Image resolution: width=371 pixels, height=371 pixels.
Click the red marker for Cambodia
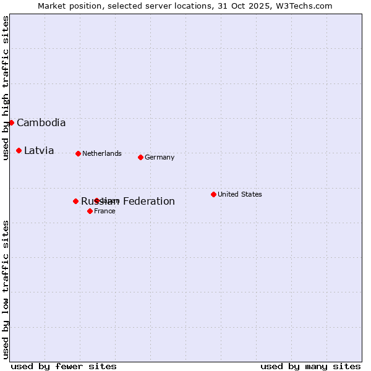pyautogui.click(x=11, y=122)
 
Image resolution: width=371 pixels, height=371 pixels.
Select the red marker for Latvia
pyautogui.click(x=19, y=150)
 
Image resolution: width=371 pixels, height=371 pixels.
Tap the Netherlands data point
pyautogui.click(x=78, y=153)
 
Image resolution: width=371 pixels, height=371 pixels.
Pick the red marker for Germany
pyautogui.click(x=140, y=157)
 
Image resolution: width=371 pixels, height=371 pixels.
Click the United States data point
pyautogui.click(x=213, y=194)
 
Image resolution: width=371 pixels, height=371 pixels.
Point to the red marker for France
pyautogui.click(x=90, y=211)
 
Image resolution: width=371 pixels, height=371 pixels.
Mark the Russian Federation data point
pyautogui.click(x=75, y=201)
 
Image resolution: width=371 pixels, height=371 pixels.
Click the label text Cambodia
pyautogui.click(x=41, y=122)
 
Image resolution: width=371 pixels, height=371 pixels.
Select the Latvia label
pyautogui.click(x=39, y=150)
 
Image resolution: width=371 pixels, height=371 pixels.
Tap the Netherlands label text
pyautogui.click(x=102, y=153)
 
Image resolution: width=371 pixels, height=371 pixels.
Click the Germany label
pyautogui.click(x=160, y=157)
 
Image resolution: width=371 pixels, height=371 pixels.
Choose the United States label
pyautogui.click(x=240, y=194)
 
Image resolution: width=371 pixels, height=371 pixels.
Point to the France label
pyautogui.click(x=104, y=211)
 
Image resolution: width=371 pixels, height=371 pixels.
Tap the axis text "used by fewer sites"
pyautogui.click(x=64, y=366)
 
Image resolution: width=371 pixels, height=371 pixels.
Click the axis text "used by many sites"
pyautogui.click(x=310, y=366)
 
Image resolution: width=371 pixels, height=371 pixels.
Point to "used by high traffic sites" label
pyautogui.click(x=6, y=88)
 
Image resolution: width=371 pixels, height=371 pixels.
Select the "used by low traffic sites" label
pyautogui.click(x=6, y=289)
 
